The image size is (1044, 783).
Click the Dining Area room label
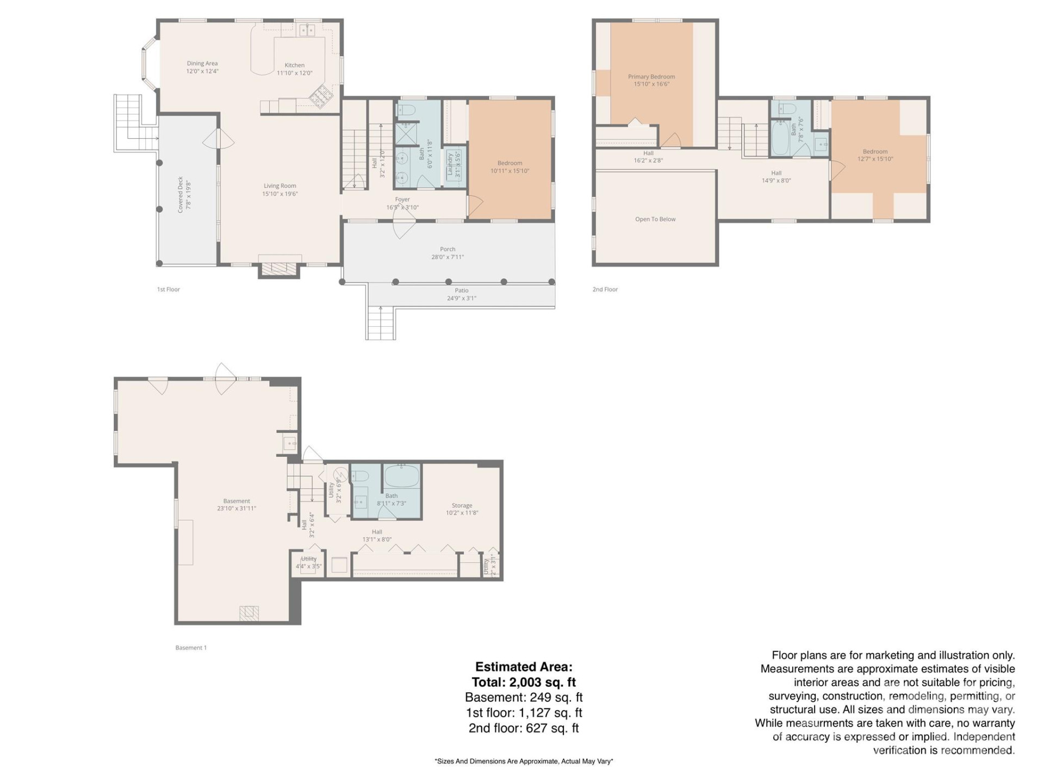[x=202, y=64]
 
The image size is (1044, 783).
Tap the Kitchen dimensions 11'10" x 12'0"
[x=295, y=73]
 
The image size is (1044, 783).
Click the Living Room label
[x=280, y=186]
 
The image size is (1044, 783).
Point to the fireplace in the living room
[x=279, y=268]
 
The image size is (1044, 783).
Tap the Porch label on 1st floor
[x=448, y=250]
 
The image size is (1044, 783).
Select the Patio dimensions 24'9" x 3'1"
[x=462, y=298]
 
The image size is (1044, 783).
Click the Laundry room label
[x=450, y=165]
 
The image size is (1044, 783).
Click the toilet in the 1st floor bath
[x=406, y=110]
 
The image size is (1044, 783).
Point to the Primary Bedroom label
[x=651, y=77]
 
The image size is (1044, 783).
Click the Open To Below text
[x=655, y=219]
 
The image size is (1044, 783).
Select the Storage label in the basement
[x=462, y=505]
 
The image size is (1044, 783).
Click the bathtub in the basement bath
[x=402, y=476]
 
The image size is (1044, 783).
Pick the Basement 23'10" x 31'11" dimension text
[x=237, y=508]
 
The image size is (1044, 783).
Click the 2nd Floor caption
[x=605, y=289]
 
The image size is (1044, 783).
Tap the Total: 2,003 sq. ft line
[x=524, y=682]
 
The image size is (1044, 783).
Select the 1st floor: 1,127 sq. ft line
[x=524, y=712]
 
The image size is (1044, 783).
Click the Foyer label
[x=402, y=200]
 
